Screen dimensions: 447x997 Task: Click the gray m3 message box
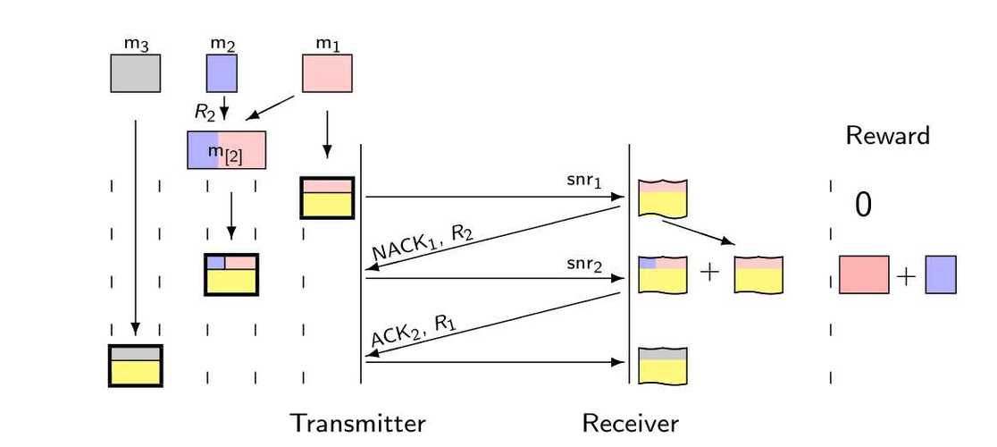pos(136,74)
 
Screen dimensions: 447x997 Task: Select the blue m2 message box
pos(222,74)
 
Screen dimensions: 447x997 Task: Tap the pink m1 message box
pos(327,74)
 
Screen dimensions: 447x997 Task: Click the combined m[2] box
pos(226,150)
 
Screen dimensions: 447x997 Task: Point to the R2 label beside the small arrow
pos(205,111)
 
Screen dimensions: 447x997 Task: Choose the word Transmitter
pos(357,423)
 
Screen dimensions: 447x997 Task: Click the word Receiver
pos(630,423)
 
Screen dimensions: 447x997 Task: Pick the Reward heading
pos(887,136)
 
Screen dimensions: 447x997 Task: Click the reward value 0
pos(863,206)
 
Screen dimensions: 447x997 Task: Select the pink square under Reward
pos(864,274)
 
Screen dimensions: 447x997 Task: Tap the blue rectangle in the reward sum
pos(941,274)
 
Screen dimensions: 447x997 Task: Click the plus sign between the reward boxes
pos(906,276)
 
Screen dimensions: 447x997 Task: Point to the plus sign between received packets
pos(709,274)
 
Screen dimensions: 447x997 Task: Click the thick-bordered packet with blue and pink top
pos(231,274)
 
